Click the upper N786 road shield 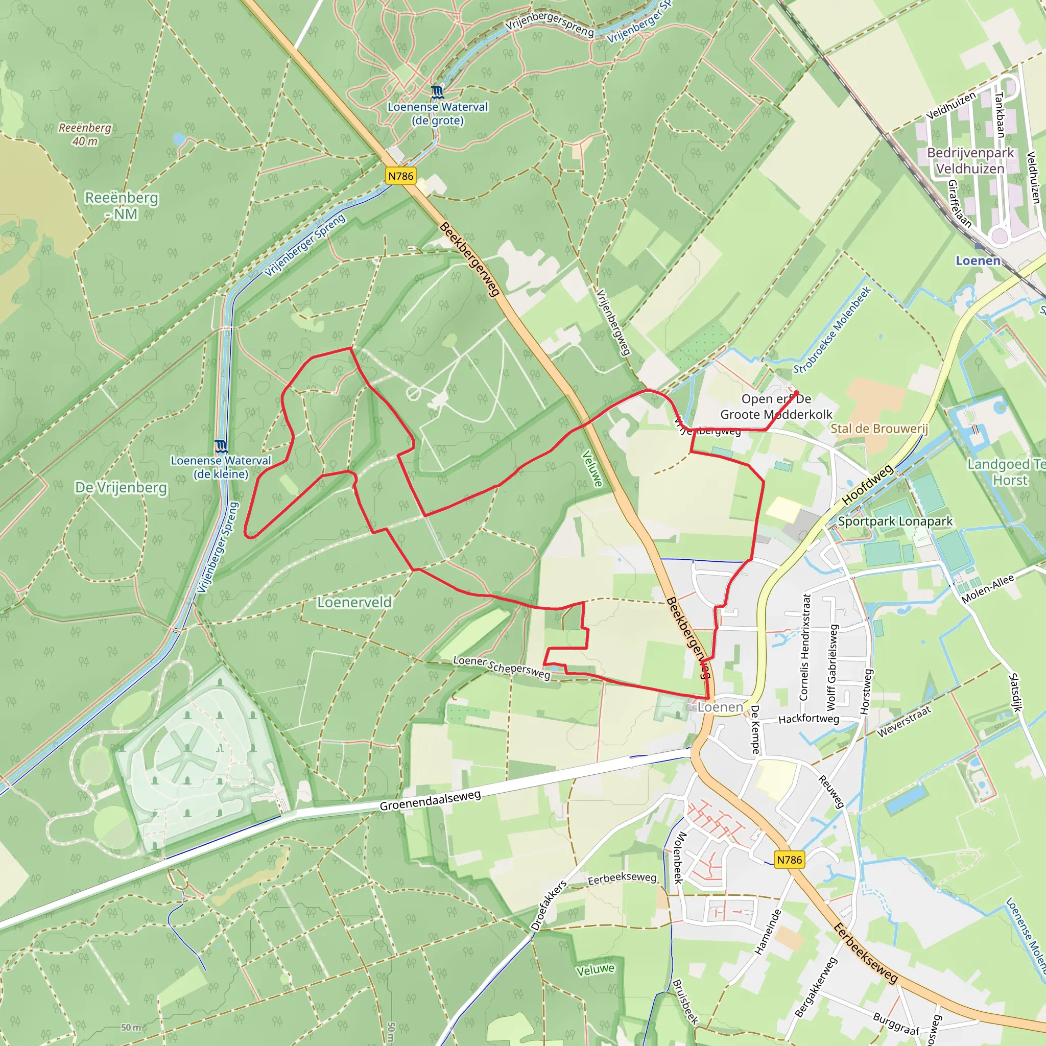(x=400, y=176)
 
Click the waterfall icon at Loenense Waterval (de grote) (x=438, y=92)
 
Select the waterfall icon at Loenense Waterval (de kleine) (x=220, y=446)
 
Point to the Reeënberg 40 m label (x=85, y=134)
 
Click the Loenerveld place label (x=354, y=602)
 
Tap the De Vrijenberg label (x=121, y=487)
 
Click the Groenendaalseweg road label (x=430, y=800)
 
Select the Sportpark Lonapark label (x=895, y=521)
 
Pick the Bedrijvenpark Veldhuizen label (x=970, y=161)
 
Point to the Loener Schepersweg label (x=502, y=667)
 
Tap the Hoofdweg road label (x=867, y=485)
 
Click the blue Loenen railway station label (x=978, y=261)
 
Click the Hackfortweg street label (x=809, y=719)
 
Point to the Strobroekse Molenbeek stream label (x=832, y=330)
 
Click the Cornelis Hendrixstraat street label (x=805, y=647)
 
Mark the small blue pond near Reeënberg (x=179, y=139)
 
